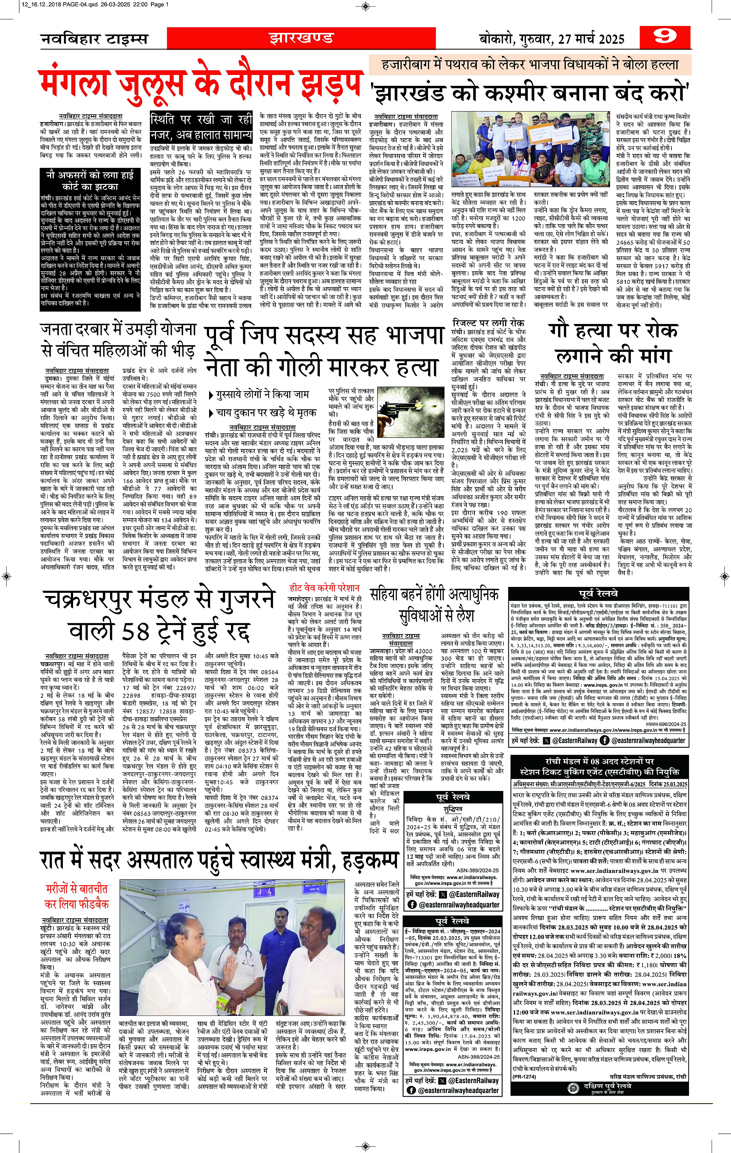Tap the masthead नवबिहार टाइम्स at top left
coord(94,39)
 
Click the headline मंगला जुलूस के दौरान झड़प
coord(200,86)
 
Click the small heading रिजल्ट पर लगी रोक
coord(488,322)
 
